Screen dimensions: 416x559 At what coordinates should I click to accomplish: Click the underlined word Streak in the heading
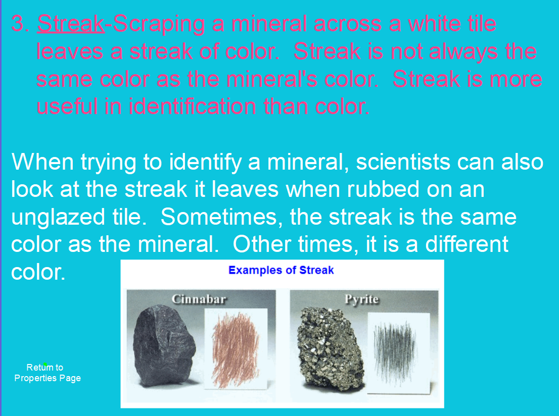[x=71, y=24]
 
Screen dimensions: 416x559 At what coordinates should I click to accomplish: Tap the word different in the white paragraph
[x=467, y=244]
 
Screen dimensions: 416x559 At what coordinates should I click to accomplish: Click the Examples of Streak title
[x=281, y=270]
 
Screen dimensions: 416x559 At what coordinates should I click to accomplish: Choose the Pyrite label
[x=361, y=299]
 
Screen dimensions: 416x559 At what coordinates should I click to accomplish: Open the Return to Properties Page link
[x=47, y=373]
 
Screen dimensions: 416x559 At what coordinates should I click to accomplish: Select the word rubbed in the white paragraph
[x=375, y=189]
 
